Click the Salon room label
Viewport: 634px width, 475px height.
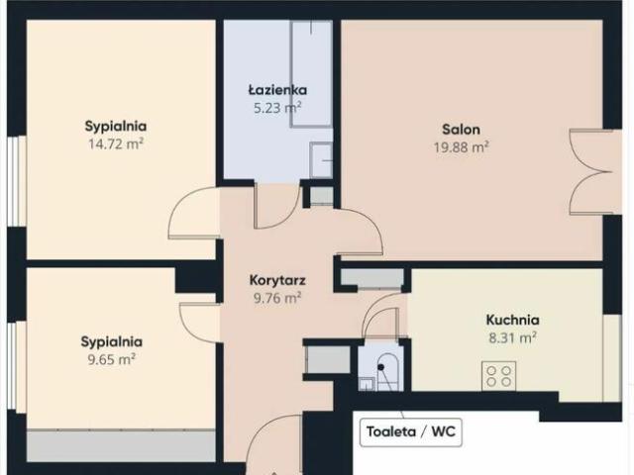click(x=462, y=129)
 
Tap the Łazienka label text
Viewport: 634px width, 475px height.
click(x=269, y=90)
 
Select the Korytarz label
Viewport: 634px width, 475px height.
click(x=275, y=279)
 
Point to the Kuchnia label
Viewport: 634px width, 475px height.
click(x=512, y=320)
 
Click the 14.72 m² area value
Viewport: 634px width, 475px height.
click(x=116, y=143)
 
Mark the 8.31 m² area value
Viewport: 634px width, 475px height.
click(x=512, y=337)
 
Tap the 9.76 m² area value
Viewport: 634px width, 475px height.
click(x=275, y=296)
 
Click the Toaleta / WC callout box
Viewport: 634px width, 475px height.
click(x=413, y=432)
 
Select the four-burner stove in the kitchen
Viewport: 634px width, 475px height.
click(x=498, y=376)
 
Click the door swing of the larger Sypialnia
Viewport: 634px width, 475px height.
click(x=192, y=213)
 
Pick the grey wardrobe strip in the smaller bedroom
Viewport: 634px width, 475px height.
click(x=120, y=445)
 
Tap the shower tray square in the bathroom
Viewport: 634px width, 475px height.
click(x=322, y=159)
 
